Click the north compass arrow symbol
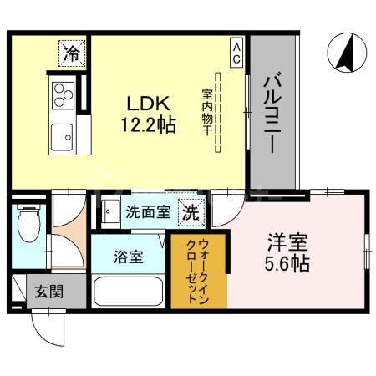coord(343,52)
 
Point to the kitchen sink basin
coord(63,135)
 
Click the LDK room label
coord(148,104)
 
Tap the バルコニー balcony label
coord(272,113)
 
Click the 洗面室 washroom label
coord(148,212)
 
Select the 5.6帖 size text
coord(287,265)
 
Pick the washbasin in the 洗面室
coord(109,211)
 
